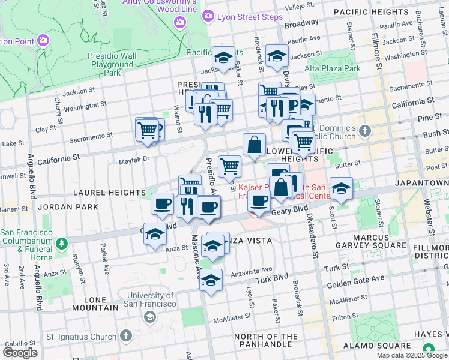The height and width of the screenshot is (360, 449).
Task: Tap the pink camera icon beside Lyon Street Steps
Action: click(208, 16)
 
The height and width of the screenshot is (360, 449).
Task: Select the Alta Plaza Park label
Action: click(332, 68)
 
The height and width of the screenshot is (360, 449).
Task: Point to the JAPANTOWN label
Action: click(421, 182)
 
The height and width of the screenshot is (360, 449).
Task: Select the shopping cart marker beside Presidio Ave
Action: click(229, 166)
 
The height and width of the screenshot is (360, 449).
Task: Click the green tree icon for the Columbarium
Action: click(62, 244)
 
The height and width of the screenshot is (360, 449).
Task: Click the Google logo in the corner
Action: click(20, 352)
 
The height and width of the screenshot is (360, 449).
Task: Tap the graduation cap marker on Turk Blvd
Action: click(211, 280)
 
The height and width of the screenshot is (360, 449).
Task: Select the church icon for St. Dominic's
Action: click(367, 130)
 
